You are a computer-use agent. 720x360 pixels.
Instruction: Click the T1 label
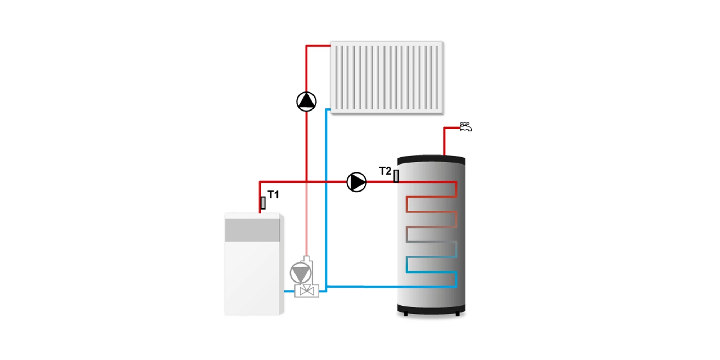[273, 195]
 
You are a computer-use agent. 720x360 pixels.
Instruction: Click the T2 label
[385, 171]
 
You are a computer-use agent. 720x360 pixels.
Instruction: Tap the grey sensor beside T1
[263, 203]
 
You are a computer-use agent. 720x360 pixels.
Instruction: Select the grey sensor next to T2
[396, 176]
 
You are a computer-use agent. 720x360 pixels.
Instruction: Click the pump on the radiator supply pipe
[306, 102]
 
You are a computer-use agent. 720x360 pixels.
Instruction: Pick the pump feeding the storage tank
[356, 182]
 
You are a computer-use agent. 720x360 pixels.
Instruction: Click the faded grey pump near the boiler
[301, 273]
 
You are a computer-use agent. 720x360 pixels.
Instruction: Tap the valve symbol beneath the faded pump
[307, 290]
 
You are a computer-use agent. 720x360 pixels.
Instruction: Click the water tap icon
[465, 127]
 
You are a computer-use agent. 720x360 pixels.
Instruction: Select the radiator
[387, 78]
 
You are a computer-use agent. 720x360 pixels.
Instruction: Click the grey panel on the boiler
[252, 230]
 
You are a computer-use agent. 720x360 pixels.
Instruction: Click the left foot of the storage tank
[406, 314]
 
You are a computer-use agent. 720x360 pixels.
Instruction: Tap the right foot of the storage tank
[458, 314]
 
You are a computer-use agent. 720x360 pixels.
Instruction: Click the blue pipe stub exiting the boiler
[289, 291]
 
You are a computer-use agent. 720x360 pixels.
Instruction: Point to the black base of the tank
[431, 309]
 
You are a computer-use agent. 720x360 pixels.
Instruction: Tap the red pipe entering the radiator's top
[319, 46]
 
